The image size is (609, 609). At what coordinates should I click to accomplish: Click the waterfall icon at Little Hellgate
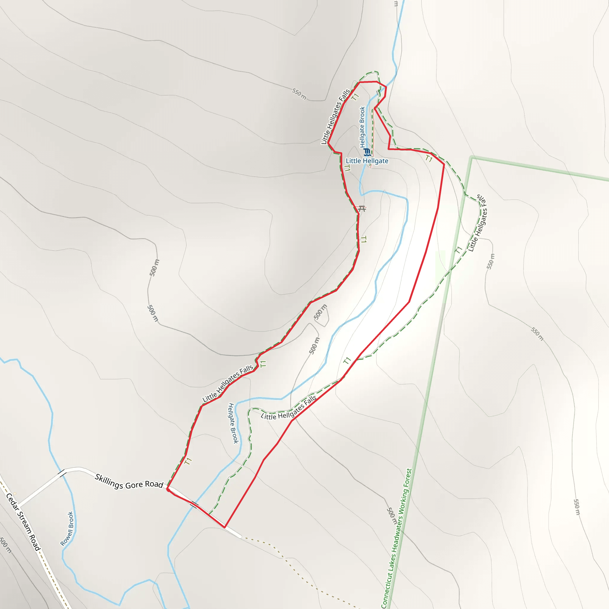(x=367, y=153)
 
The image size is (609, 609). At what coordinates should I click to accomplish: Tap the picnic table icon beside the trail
(x=362, y=209)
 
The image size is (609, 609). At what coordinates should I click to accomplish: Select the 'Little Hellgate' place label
(x=367, y=161)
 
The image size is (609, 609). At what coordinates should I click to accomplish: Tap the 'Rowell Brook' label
(x=67, y=529)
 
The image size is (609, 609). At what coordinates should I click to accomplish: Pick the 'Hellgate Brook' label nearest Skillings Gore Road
(x=233, y=423)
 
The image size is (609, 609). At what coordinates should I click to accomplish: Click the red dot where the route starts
(x=168, y=489)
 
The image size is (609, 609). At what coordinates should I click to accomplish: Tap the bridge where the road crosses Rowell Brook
(x=62, y=473)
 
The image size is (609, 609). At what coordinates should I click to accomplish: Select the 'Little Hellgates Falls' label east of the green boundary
(x=478, y=224)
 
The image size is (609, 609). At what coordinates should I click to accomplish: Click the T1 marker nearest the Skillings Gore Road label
(x=188, y=461)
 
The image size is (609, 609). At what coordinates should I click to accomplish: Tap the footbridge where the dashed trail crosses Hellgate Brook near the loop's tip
(x=378, y=93)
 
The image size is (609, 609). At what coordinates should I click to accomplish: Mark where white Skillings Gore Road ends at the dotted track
(x=241, y=536)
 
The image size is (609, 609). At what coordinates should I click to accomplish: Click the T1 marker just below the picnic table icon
(x=363, y=240)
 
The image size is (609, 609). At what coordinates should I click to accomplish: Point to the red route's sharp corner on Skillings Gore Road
(x=225, y=527)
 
